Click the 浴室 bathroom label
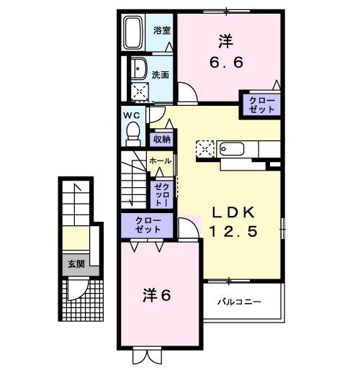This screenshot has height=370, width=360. pos(161,30)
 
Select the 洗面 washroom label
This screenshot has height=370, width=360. pos(161,75)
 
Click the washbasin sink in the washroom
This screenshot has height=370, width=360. pos(137,68)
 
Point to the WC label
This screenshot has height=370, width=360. pos(130,114)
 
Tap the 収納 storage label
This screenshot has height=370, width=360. pos(161,139)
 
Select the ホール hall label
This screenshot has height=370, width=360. pos(160,161)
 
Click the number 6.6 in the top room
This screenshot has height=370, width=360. pos(227,62)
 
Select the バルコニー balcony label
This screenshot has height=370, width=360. pos(240,302)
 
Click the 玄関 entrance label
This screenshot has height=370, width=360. pos(76,263)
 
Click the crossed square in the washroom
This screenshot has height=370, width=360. pos(138,91)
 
